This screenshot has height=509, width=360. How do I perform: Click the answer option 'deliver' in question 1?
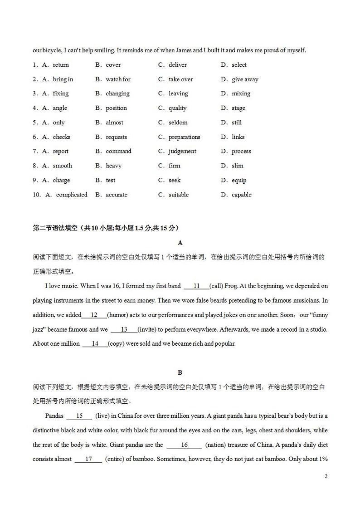coord(177,65)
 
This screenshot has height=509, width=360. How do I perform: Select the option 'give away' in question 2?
coord(245,79)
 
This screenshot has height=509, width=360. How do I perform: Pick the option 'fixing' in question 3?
coord(60,93)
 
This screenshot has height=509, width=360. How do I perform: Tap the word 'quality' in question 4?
coord(177,108)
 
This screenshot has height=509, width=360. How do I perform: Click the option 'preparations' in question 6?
coord(184,137)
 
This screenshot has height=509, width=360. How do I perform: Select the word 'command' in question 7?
coord(118,151)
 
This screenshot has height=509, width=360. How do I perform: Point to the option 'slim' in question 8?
coord(237,166)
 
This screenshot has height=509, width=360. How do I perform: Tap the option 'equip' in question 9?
coord(239,180)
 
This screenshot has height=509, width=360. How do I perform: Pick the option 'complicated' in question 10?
coord(72,195)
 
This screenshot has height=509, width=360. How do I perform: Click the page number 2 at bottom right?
coord(326,476)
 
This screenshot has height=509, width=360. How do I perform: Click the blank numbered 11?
coord(196,286)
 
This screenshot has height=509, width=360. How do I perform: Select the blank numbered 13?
coord(124,329)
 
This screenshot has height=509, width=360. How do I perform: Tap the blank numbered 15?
coord(79,416)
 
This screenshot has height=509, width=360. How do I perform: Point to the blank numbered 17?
coord(88,459)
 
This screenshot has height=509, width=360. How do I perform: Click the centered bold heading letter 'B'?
coord(180,372)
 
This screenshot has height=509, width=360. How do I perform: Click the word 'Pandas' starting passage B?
coord(54,416)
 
